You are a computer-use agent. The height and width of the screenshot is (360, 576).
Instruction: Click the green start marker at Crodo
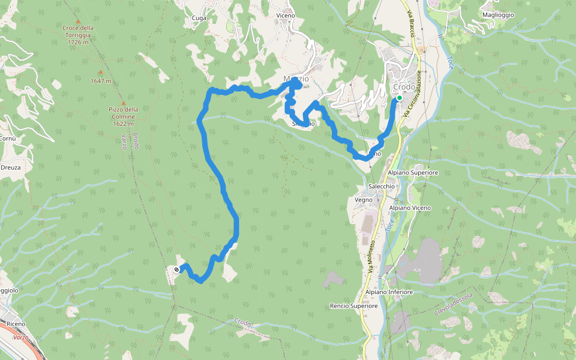[399, 97]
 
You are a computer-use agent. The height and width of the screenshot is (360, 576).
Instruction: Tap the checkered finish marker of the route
[176, 269]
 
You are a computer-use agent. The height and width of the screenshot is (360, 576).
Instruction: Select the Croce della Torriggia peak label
[78, 35]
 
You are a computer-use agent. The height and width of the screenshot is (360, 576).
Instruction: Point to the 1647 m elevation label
[101, 81]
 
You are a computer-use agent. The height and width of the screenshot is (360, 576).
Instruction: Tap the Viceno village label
[286, 15]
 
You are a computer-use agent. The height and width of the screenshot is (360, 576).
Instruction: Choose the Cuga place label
[199, 18]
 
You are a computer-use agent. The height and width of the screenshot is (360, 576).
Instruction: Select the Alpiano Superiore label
[413, 173]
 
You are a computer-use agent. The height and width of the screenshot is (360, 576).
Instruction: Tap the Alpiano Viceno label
[410, 208]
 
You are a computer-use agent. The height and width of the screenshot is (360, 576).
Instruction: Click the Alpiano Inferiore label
[389, 292]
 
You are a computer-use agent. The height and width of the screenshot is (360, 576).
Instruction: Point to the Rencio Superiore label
[353, 306]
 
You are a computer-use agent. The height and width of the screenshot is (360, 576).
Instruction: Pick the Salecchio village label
[382, 186]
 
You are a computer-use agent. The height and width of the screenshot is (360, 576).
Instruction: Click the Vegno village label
[364, 200]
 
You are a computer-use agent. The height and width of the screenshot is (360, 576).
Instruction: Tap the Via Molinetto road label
[371, 258]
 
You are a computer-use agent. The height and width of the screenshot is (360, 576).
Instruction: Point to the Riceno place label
[16, 324]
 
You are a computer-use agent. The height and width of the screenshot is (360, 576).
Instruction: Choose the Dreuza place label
[11, 167]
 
